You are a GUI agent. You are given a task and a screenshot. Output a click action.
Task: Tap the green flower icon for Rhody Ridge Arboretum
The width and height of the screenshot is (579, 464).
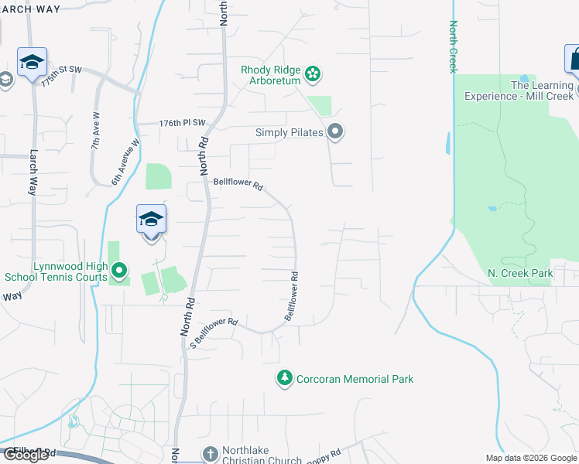pyautogui.click(x=313, y=74)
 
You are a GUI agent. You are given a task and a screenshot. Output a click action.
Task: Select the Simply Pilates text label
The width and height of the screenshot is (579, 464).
pyautogui.click(x=289, y=132)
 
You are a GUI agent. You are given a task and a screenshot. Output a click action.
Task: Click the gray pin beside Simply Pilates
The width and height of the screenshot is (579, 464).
pyautogui.click(x=335, y=132)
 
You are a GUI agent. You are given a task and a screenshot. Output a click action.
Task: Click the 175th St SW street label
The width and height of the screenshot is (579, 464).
pyautogui.click(x=61, y=75)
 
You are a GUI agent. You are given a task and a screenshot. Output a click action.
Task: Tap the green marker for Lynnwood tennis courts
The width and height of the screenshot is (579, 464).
pyautogui.click(x=118, y=271)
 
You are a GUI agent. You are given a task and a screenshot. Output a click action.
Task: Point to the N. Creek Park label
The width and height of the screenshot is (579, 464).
pyautogui.click(x=520, y=273)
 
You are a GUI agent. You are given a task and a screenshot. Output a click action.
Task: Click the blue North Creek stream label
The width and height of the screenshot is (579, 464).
pyautogui.click(x=453, y=46)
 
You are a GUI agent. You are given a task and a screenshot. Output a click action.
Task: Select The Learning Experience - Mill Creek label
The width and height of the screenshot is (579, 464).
pyautogui.click(x=519, y=90)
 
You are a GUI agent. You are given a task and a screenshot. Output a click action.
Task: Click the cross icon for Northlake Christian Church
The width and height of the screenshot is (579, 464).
pyautogui.click(x=209, y=454)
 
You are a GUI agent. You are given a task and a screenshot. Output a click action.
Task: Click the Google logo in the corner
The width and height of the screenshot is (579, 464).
pyautogui.click(x=26, y=455)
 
